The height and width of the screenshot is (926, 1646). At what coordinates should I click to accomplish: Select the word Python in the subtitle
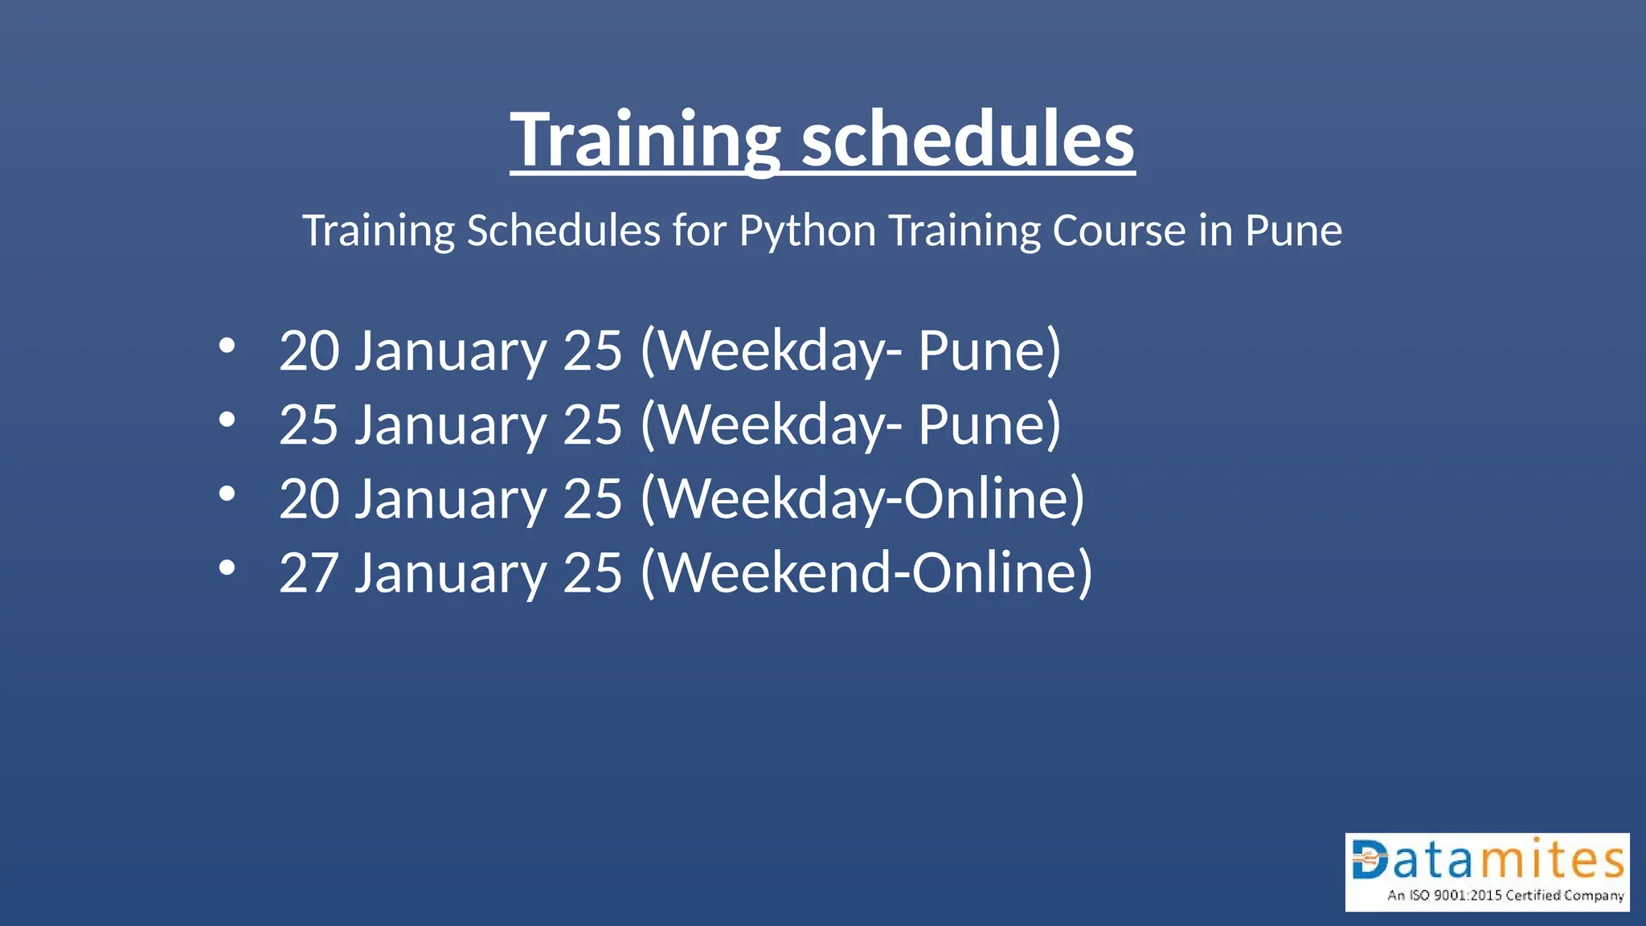coord(807,231)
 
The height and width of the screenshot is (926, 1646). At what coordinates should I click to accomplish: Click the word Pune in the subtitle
coord(1293,231)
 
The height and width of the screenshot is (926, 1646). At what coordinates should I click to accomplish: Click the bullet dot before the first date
coord(227,346)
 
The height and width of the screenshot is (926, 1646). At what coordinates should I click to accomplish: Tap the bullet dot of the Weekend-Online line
coord(227,567)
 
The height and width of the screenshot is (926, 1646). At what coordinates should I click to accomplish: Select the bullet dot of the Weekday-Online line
coord(227,494)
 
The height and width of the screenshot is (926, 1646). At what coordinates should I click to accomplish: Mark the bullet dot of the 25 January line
coord(227,420)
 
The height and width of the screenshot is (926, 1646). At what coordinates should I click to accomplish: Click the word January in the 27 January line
coord(450,573)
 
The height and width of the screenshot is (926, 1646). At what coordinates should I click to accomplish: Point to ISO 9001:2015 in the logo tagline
coord(1456,895)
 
